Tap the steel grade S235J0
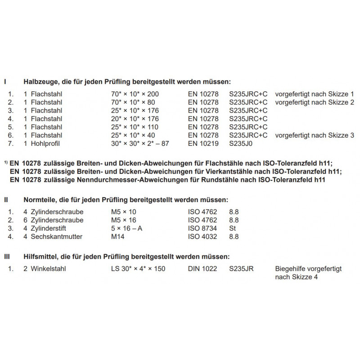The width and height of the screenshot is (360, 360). (x=242, y=143)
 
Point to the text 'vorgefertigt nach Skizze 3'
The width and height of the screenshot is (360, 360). (x=315, y=135)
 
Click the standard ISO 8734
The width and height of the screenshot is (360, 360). (x=202, y=228)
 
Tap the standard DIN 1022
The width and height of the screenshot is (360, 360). (x=202, y=269)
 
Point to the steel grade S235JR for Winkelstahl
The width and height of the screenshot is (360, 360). (x=241, y=269)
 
